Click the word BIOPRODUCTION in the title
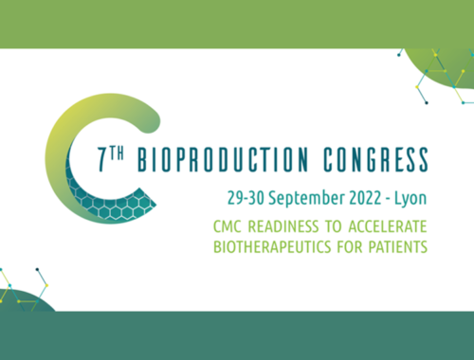coord(223,159)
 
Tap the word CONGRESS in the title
coord(375,159)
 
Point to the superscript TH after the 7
coord(117,153)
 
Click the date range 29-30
coord(246,198)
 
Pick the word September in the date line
coord(306,199)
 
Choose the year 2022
coord(365,198)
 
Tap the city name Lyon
coord(410,199)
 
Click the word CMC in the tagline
coord(228,226)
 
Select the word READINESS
coord(283,226)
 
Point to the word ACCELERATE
coord(388,226)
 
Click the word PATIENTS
coord(398,246)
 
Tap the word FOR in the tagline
coord(350,246)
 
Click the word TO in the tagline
coord(334,226)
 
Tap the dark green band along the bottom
coord(237,335)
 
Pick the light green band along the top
coord(237,25)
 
